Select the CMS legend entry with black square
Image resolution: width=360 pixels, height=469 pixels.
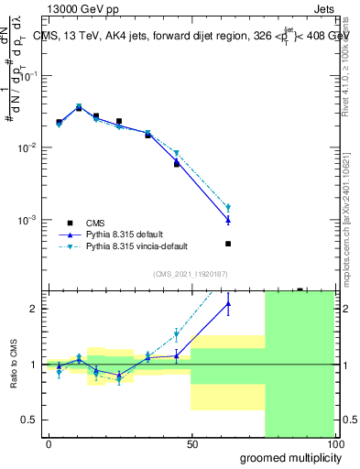click(94, 223)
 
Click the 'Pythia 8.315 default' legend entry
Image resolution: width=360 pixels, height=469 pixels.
click(122, 234)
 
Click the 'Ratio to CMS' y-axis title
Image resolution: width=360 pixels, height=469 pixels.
click(15, 364)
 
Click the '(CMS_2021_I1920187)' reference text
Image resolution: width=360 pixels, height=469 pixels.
click(191, 274)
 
